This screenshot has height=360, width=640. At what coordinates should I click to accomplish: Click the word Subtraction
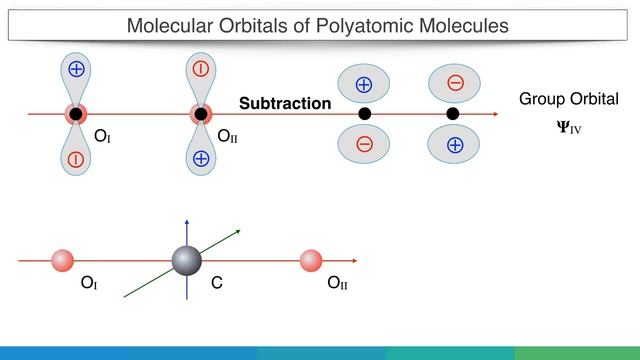pos(285,103)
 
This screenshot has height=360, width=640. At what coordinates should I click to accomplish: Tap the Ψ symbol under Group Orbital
pos(564,128)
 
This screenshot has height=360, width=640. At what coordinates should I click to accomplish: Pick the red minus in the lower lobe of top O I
pos(76,158)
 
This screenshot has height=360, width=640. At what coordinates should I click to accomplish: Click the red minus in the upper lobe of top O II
pos(201,69)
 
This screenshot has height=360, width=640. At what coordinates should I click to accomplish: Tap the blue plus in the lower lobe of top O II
pos(201,158)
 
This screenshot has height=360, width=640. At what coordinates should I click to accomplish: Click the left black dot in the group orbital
pos(364,114)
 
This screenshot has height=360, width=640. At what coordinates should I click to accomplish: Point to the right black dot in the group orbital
pos(452,114)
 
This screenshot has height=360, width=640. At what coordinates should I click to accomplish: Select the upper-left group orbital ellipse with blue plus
pos(364,84)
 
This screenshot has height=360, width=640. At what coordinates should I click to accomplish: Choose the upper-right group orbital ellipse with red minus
pos(454,83)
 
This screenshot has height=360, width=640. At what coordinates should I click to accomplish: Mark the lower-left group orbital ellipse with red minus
pos(364,145)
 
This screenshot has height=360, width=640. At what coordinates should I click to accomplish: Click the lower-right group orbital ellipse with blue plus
pos(454,145)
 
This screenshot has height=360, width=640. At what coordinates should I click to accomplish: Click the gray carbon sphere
pos(187,261)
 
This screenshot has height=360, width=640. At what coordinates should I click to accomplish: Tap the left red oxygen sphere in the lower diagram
pos(63,261)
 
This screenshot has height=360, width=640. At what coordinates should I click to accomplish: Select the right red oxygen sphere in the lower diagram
pos(311,261)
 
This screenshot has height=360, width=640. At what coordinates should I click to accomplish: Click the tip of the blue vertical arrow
pos(187,216)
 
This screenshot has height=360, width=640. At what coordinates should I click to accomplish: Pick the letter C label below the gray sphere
pos(216,284)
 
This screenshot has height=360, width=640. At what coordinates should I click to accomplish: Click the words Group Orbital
pos(569,99)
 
